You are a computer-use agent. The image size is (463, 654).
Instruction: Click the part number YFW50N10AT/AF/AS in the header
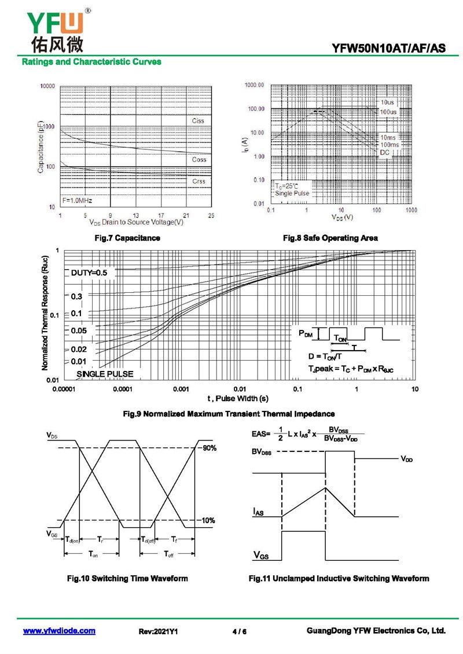coord(389,49)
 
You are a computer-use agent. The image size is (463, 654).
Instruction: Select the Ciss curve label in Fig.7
coord(198,121)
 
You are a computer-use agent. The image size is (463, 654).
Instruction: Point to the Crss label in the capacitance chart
coord(199,181)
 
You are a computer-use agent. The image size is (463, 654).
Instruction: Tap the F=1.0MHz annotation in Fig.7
coord(78,200)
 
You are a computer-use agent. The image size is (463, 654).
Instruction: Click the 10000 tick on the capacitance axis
coord(47,86)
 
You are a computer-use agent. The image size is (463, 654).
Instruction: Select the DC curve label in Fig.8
coord(385,152)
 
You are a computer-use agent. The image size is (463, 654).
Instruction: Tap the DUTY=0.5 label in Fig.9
coord(89,272)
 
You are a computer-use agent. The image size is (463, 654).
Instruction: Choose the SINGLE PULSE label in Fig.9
coord(105,374)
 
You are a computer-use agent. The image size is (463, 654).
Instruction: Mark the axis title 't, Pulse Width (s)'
coord(238,399)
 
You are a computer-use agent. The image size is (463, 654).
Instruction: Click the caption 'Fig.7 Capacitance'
coord(127,238)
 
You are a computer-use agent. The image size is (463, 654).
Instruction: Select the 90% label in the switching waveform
coord(209,448)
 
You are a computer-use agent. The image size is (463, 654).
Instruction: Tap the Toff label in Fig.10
coord(169,554)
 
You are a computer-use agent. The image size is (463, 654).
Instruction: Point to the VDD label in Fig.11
coord(407,458)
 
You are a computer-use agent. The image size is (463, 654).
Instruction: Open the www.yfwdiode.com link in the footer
coord(59,631)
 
